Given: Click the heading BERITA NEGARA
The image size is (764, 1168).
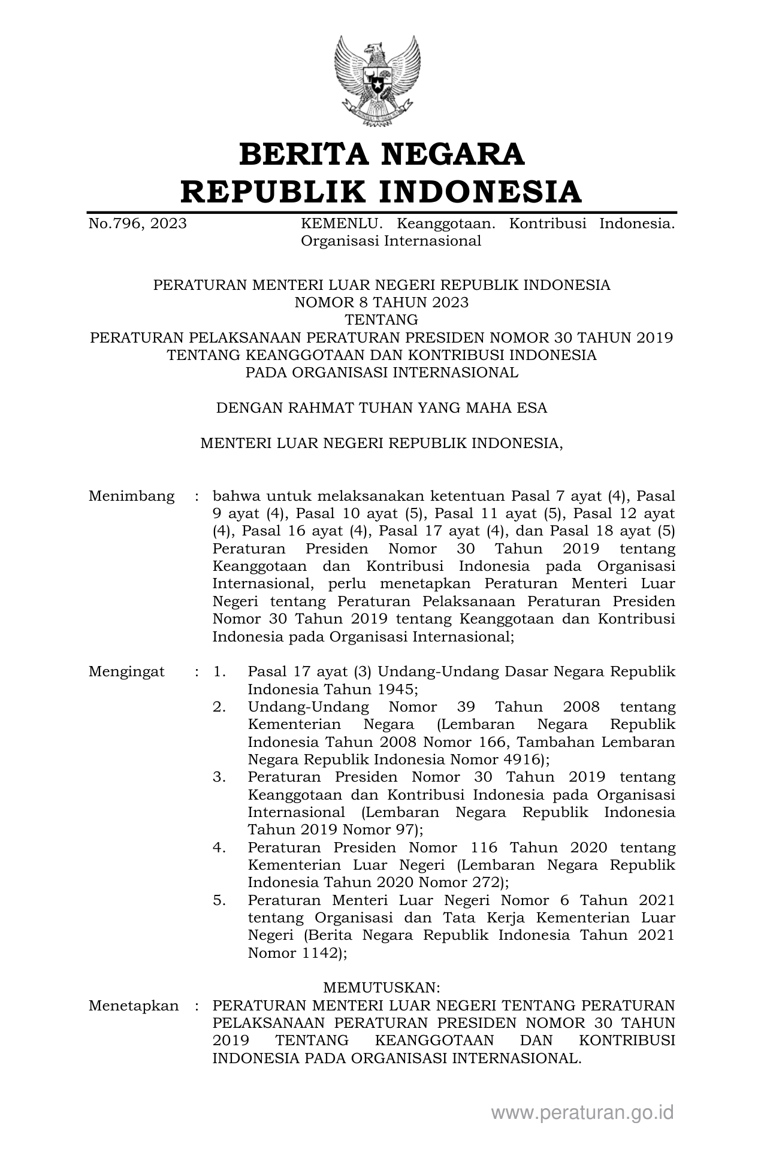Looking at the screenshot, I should click(x=382, y=155).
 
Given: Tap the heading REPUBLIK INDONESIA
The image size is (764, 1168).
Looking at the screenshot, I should click(x=382, y=192).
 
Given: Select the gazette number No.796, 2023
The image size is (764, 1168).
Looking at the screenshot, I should click(x=137, y=224).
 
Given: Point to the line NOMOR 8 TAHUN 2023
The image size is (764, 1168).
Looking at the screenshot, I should click(x=382, y=302).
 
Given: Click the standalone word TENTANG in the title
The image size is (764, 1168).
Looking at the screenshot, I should click(x=382, y=320).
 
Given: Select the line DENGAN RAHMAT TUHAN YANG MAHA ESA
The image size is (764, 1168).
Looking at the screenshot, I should click(x=382, y=409).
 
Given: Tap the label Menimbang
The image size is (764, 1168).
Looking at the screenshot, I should click(x=131, y=497).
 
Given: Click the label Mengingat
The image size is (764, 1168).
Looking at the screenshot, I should click(x=126, y=671).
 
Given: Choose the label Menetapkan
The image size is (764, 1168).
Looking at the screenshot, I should click(x=134, y=1022).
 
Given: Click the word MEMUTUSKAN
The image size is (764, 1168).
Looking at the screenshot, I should click(x=382, y=1004).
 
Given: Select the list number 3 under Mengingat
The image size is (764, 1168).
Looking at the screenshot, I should click(x=219, y=777).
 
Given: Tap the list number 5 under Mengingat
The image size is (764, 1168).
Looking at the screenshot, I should click(x=219, y=900).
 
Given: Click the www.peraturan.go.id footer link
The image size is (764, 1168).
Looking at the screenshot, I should click(x=582, y=1113).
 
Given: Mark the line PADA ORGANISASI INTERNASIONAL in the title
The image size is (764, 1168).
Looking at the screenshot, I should click(x=382, y=373).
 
